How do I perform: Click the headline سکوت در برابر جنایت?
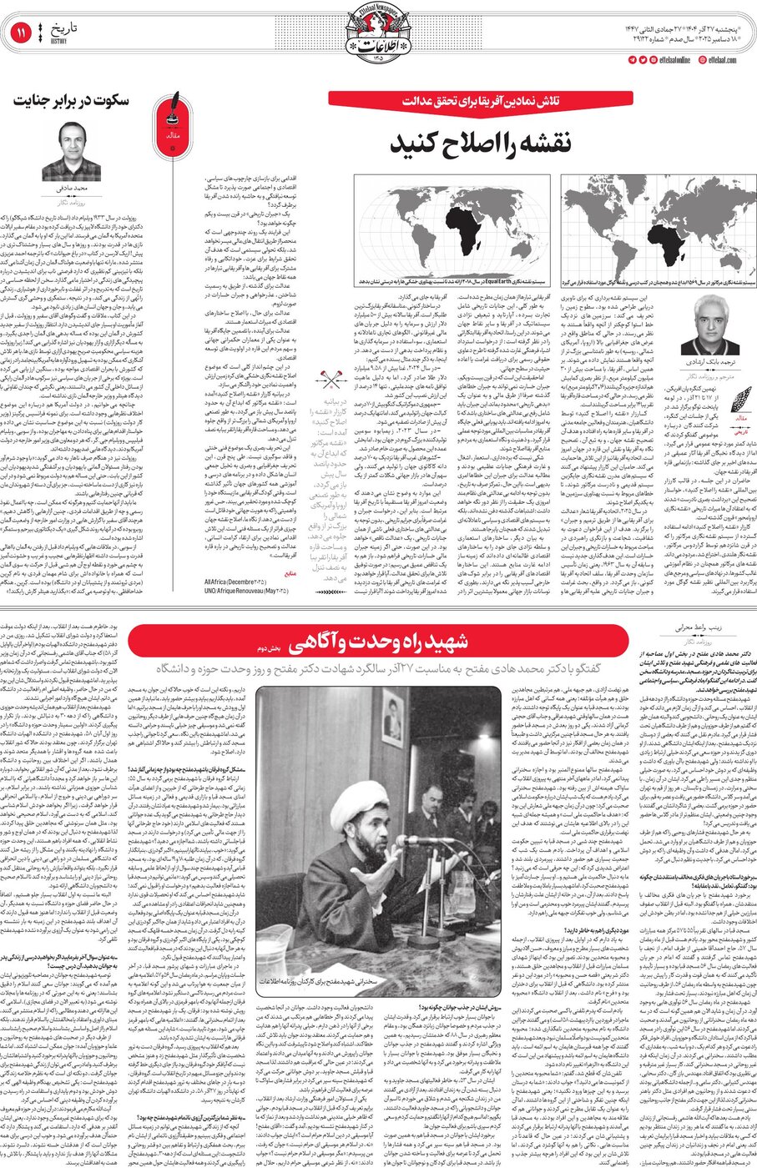(x=70, y=100)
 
